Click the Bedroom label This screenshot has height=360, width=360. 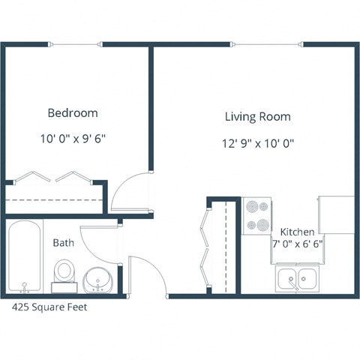pyautogui.click(x=73, y=113)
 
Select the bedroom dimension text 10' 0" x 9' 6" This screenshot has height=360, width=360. pyautogui.click(x=73, y=138)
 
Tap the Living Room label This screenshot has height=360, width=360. pyautogui.click(x=257, y=117)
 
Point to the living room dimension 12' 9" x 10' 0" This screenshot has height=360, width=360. pyautogui.click(x=257, y=142)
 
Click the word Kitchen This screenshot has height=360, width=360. pyautogui.click(x=298, y=232)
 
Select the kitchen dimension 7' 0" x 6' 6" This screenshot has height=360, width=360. pyautogui.click(x=298, y=244)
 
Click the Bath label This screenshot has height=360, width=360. pyautogui.click(x=63, y=243)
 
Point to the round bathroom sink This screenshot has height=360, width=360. pyautogui.click(x=97, y=280)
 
